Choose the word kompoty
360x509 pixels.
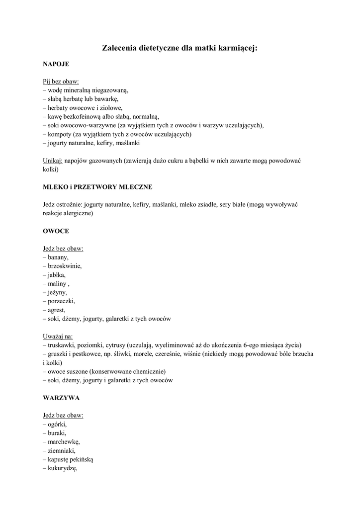[x=61, y=134]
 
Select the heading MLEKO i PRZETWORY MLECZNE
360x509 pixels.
[x=97, y=187]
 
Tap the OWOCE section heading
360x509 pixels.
[x=56, y=231]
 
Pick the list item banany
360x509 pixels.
[x=58, y=257]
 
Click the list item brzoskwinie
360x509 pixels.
[x=65, y=266]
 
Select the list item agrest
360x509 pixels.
[x=57, y=310]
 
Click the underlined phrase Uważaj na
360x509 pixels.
[x=58, y=336]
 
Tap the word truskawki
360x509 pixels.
[x=63, y=345]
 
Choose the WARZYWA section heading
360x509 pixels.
[x=62, y=398]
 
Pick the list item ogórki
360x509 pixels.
[x=58, y=424]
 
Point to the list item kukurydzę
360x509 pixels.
[x=63, y=468]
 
